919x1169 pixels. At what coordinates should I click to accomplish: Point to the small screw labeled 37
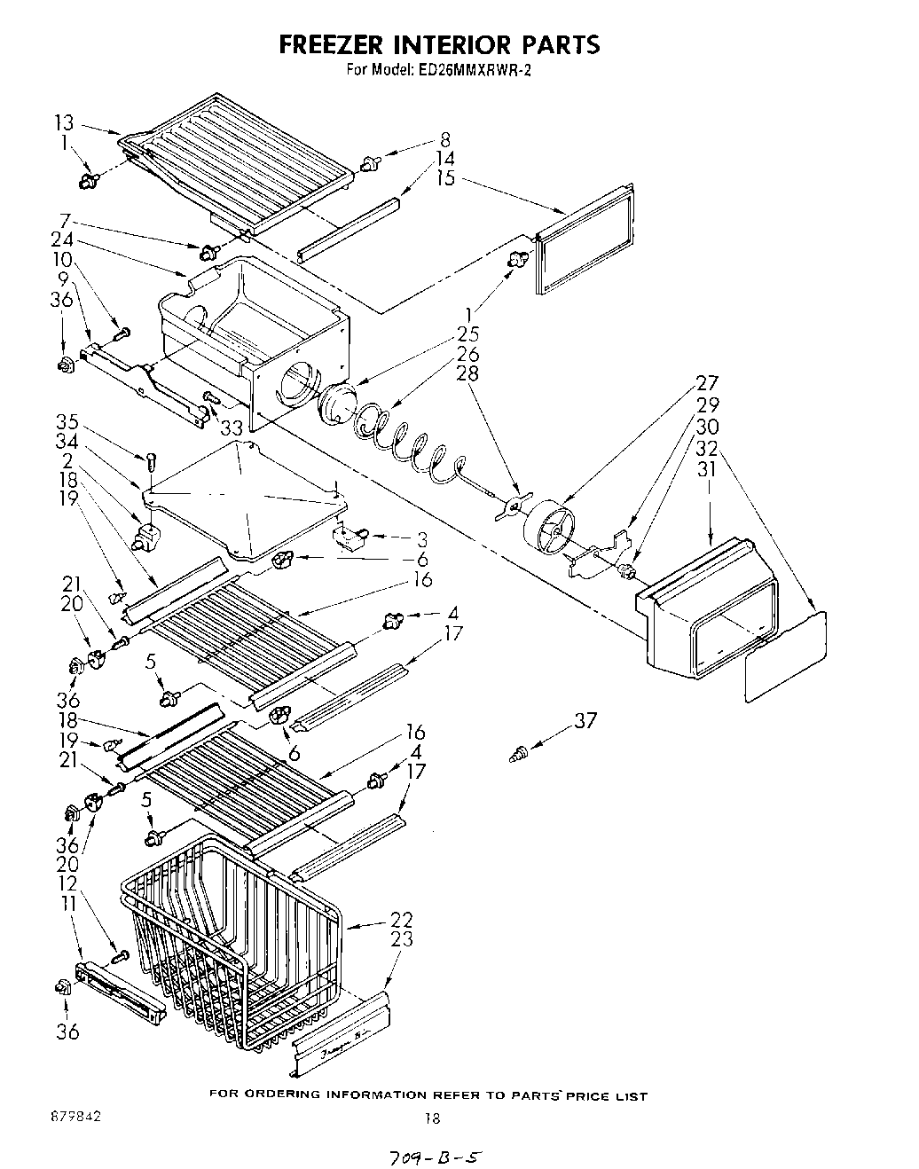click(516, 754)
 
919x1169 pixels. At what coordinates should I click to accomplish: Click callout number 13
click(64, 123)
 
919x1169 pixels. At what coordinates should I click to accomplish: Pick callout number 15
click(445, 178)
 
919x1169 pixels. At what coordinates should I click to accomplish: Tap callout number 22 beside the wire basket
click(401, 920)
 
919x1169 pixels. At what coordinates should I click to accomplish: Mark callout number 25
click(467, 334)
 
